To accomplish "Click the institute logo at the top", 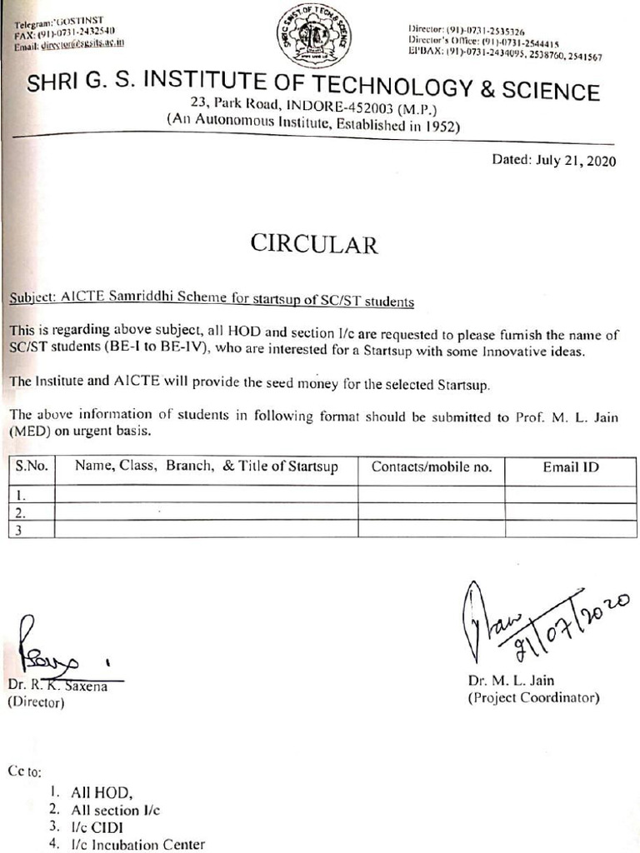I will tap(314, 36).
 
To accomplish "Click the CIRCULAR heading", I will tap(314, 243).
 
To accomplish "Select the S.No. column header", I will tap(32, 467).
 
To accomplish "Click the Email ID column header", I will tap(571, 467).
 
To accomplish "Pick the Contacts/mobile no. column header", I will tap(431, 467).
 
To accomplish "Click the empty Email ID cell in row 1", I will tap(571, 494).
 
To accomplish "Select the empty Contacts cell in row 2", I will tap(431, 511).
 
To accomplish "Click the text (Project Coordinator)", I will tap(533, 697).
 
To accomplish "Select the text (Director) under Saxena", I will tap(36, 702).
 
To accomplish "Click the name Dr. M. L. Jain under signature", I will tap(511, 681).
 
